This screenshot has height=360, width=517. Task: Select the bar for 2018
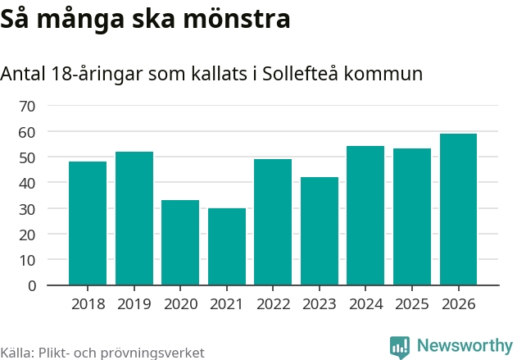tap(88, 223)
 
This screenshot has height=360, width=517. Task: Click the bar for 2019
tap(134, 218)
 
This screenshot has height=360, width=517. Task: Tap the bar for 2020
tap(180, 243)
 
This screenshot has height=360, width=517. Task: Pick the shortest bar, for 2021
tap(227, 247)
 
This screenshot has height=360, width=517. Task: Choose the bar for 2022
tap(273, 222)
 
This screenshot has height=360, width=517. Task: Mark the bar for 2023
tap(320, 231)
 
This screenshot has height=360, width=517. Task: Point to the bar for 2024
tap(365, 216)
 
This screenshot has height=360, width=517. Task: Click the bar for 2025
tap(412, 217)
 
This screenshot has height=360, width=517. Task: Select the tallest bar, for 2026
tap(458, 209)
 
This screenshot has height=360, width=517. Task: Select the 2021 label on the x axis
tap(227, 304)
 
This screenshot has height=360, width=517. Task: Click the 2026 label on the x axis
tap(458, 304)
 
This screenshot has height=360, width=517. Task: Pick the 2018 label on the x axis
tap(88, 304)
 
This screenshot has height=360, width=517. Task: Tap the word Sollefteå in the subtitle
tap(300, 74)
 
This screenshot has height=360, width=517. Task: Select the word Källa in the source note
tap(16, 353)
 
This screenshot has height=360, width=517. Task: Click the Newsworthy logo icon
tap(400, 347)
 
